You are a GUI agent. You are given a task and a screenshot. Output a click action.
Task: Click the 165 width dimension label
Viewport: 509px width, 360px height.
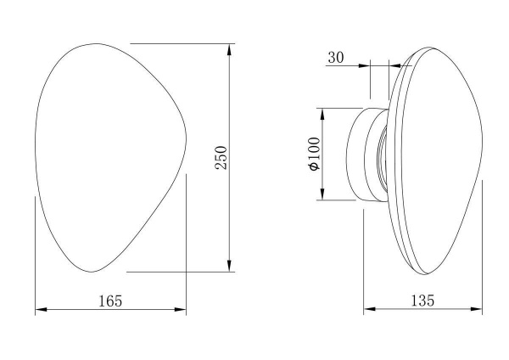pos(110,301)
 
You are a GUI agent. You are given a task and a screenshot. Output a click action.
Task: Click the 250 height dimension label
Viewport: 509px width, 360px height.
pos(221,158)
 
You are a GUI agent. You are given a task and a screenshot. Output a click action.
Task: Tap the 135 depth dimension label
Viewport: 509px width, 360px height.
pos(422,301)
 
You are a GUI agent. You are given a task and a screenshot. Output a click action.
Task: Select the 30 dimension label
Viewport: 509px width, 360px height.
pos(336,58)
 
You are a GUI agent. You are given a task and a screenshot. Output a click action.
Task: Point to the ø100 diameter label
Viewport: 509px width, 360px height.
pos(315,154)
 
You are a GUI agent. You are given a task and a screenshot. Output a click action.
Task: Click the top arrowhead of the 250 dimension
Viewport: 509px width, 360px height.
pos(230,50)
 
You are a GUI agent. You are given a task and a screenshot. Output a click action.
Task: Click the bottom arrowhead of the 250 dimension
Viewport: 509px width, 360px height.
pos(230,266)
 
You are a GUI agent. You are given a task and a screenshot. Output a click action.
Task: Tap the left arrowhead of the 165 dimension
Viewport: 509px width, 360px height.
pos(41,310)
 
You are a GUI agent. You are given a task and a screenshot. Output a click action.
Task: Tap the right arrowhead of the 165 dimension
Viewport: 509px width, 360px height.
pos(180,310)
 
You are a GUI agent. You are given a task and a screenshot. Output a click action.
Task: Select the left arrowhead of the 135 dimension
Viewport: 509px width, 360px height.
pos(369,309)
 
